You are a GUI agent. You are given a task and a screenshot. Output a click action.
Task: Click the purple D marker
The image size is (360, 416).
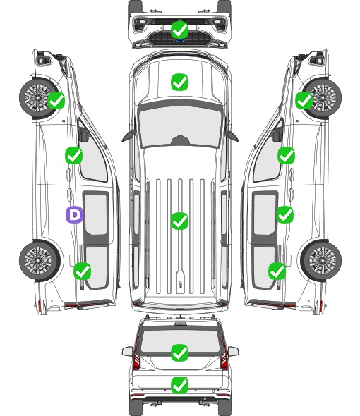click(74, 214)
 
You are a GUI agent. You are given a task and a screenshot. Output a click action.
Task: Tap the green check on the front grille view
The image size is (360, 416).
click(180, 30)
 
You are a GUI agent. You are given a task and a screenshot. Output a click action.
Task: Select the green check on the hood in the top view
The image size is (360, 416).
click(180, 82)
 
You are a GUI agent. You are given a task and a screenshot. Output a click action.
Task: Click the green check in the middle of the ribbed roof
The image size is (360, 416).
click(180, 221)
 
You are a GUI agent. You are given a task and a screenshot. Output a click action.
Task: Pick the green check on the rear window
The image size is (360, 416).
click(180, 353)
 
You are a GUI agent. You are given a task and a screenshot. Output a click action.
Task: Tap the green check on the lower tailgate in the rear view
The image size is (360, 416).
click(180, 385)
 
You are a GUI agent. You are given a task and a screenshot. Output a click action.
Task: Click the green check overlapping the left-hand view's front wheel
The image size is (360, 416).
click(56, 100)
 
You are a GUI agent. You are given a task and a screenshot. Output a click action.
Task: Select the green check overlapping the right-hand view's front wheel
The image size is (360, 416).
click(304, 100)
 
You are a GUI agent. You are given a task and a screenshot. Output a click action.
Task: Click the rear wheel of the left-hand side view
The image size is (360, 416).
click(39, 260)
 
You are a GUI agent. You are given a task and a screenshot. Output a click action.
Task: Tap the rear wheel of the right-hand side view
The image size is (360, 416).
click(322, 260)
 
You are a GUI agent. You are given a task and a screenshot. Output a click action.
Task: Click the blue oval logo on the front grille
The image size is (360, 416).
click(180, 41)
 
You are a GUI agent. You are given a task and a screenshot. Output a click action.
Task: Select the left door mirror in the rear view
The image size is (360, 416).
click(127, 352)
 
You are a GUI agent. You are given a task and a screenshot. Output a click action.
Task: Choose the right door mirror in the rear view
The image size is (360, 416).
click(233, 352)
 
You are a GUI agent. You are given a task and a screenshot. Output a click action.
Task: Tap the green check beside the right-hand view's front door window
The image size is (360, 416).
click(286, 155)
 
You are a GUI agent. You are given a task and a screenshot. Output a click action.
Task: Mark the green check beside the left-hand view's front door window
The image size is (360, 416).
click(74, 155)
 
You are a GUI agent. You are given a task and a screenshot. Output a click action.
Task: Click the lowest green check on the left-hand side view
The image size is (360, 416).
click(82, 271)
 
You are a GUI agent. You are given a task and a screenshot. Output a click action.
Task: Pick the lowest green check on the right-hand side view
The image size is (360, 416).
click(277, 271)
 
